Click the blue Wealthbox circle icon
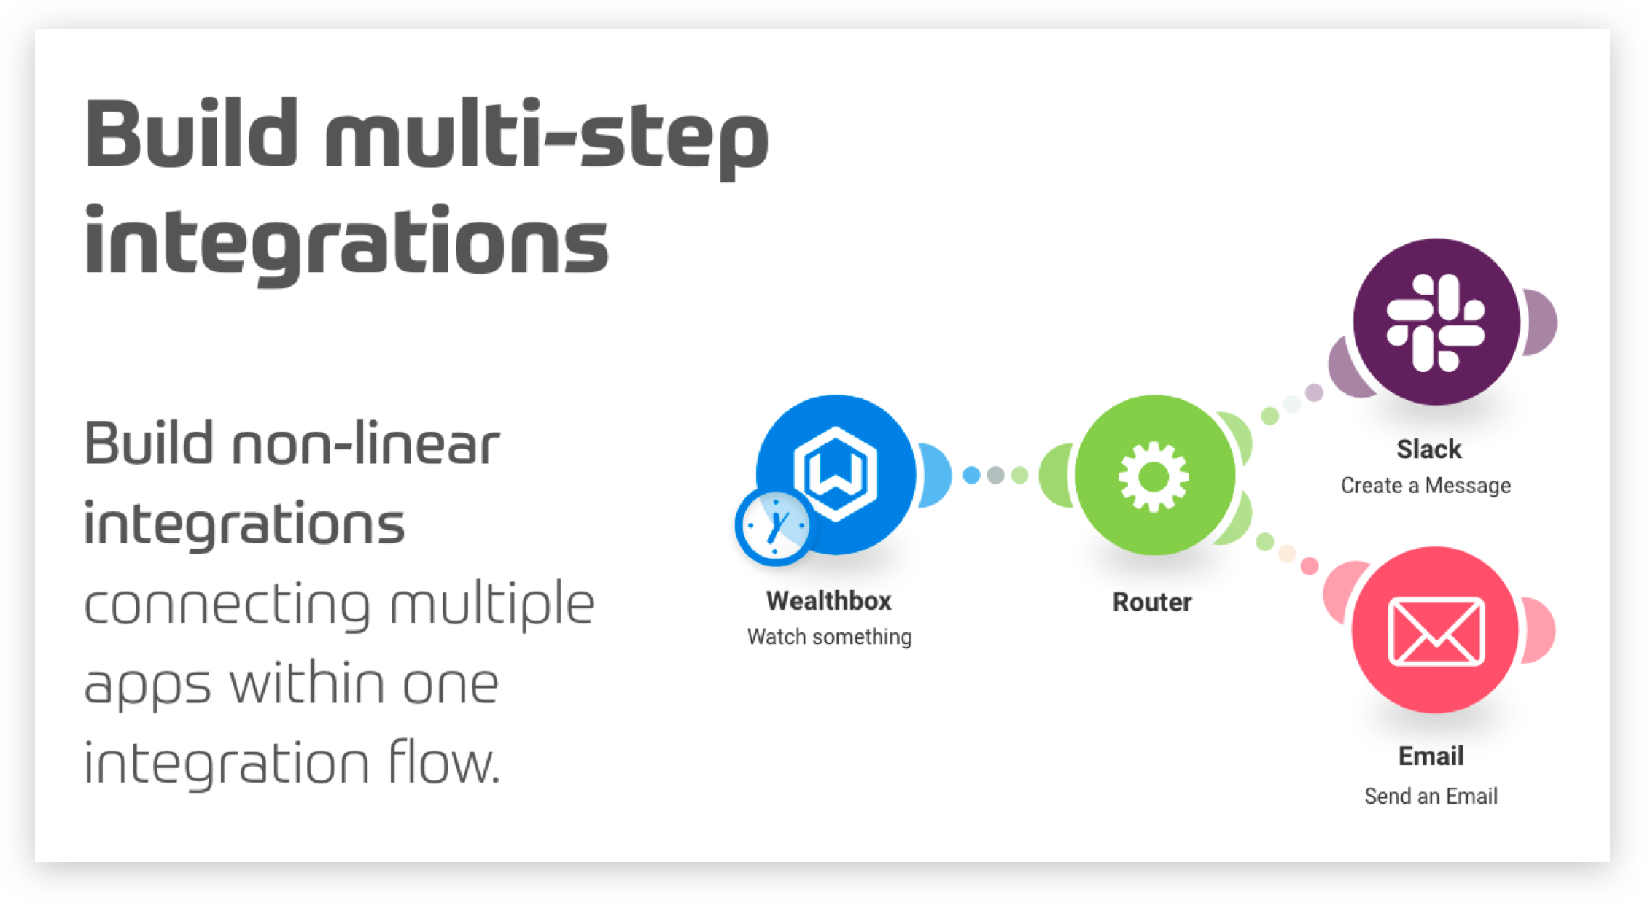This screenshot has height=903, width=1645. (836, 474)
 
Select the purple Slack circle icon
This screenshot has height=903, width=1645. (1436, 322)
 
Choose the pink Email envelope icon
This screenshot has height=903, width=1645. (1435, 629)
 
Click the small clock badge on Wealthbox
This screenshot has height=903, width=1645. (774, 527)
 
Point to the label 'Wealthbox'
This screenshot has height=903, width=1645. (829, 601)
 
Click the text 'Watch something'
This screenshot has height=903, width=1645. (830, 637)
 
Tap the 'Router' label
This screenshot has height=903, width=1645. (1152, 602)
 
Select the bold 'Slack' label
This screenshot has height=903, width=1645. (1429, 449)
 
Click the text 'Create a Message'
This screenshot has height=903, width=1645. (1426, 485)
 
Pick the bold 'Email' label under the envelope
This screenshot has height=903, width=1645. (1431, 756)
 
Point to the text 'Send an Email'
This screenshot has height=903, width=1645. (1431, 796)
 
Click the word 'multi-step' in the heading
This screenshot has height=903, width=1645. (547, 139)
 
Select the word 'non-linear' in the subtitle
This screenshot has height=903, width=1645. (365, 443)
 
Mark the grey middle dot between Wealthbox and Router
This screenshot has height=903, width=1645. (995, 476)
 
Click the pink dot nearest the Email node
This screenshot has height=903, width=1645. (1310, 566)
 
